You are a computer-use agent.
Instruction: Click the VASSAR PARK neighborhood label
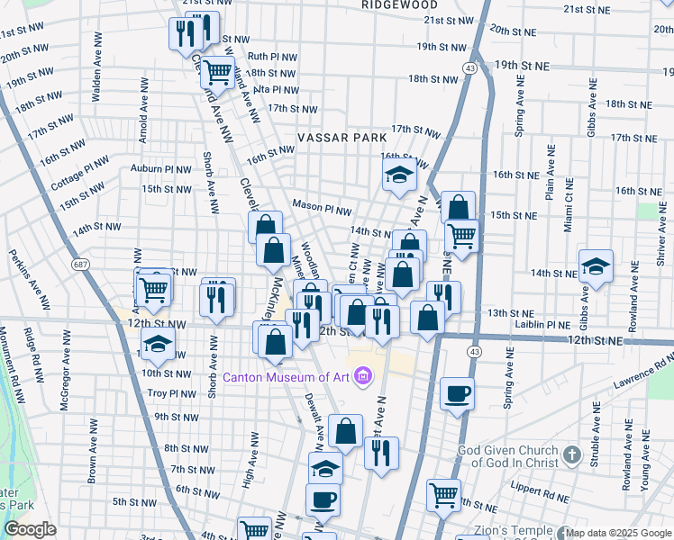pos(342,138)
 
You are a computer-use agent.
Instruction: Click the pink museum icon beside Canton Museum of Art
pos(362,375)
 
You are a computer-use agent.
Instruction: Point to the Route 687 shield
pos(82,264)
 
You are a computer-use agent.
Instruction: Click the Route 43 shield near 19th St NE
pos(470,68)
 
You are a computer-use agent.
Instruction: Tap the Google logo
pos(30,529)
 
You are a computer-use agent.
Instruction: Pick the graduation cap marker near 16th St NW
pos(397,177)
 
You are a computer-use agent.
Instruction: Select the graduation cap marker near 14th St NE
pos(596,265)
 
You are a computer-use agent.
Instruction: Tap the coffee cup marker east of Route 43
pos(458,393)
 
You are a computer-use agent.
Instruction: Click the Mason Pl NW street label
pos(321,208)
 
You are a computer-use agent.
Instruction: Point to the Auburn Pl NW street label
pos(160,168)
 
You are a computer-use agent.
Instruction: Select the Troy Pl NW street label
pos(171,393)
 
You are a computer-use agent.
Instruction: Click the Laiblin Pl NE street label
pos(541,325)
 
